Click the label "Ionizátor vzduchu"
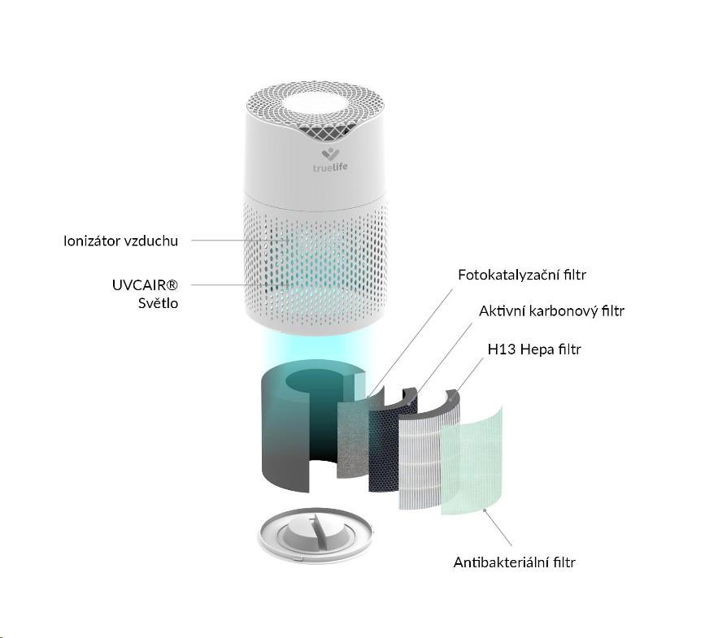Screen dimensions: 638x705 [x=120, y=241]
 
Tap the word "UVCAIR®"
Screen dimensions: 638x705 [x=145, y=285]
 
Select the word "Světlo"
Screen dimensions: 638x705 [x=157, y=304]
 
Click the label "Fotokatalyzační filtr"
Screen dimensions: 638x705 [x=521, y=275]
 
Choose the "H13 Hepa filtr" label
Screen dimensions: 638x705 [x=534, y=349]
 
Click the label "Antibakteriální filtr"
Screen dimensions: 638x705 [x=515, y=562]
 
